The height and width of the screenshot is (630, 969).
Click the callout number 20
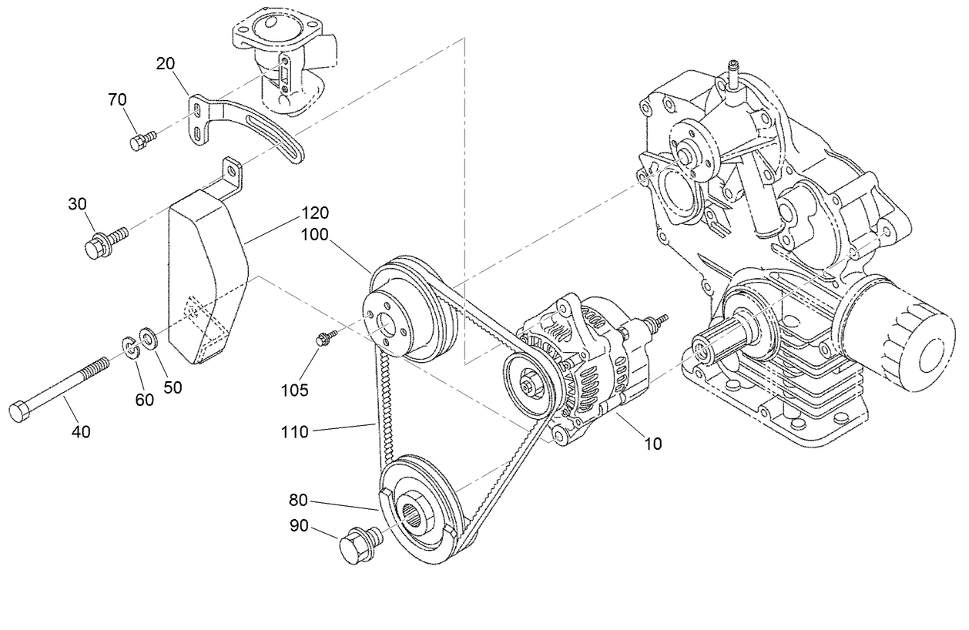[166, 64]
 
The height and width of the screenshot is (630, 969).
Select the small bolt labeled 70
[141, 139]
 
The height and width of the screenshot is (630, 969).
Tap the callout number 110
[294, 432]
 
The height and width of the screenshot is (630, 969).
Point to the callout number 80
[299, 500]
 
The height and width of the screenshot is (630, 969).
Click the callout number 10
[652, 444]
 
